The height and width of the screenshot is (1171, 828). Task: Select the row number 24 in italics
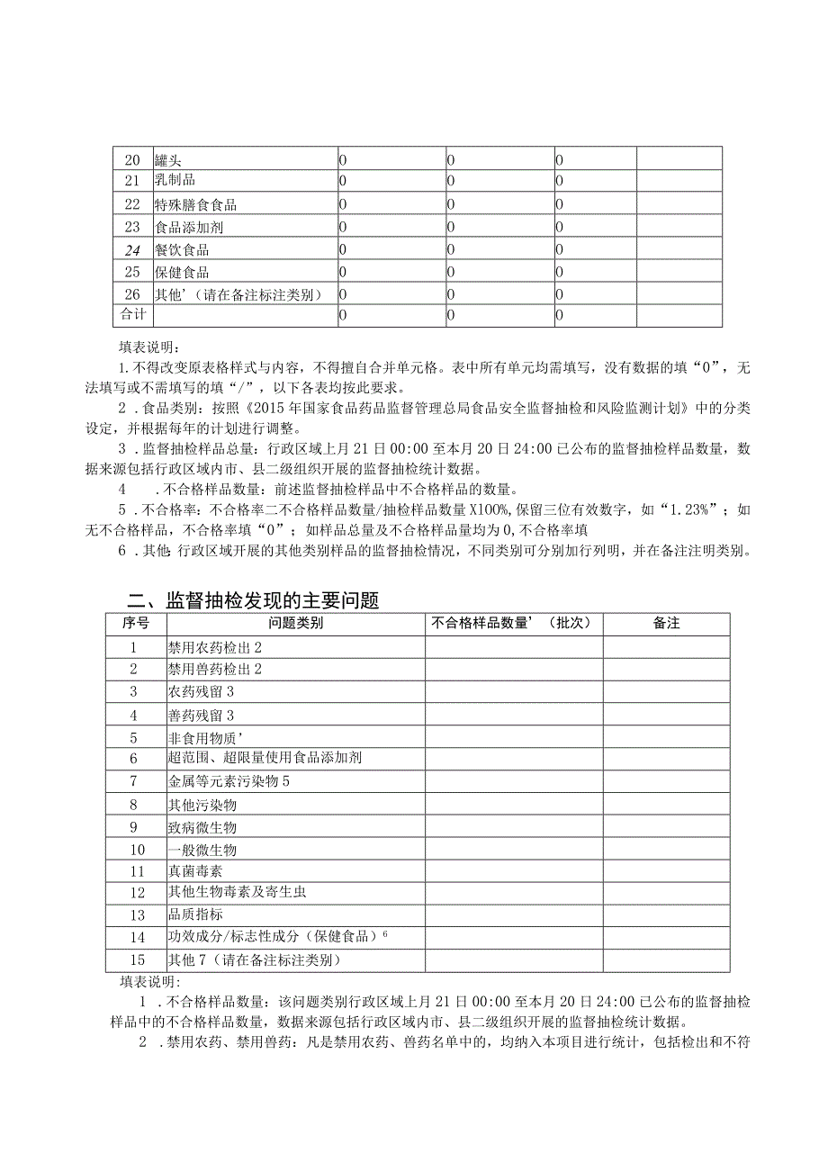132,249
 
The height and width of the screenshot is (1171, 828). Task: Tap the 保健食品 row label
182,272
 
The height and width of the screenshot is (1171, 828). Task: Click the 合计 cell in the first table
132,315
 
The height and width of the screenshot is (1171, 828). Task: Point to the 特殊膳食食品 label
195,204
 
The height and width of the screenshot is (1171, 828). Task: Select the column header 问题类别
295,623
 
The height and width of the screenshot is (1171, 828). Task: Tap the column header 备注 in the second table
666,623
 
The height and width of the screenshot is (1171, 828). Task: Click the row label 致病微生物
202,826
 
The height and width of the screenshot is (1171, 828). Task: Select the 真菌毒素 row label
195,871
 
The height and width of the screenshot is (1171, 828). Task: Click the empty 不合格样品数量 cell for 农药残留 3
514,691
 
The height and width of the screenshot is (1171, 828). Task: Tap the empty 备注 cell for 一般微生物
666,849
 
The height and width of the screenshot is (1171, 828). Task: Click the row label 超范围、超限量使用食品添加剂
265,758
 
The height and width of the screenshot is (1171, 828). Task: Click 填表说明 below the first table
149,346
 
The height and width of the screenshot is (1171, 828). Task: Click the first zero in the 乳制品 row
343,182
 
